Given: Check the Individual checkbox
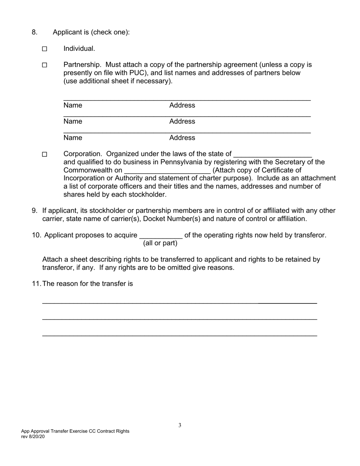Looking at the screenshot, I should click(x=44, y=49).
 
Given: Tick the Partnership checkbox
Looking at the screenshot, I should click(x=44, y=65).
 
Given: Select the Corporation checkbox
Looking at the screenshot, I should click(x=44, y=155).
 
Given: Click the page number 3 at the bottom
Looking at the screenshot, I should click(x=180, y=425).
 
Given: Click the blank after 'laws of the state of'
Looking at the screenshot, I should click(x=272, y=155).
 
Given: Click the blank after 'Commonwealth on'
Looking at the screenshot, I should click(x=167, y=170).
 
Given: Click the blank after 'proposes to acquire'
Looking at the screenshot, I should click(x=161, y=236).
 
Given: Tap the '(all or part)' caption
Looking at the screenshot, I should click(x=160, y=243).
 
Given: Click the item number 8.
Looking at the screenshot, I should click(x=34, y=32).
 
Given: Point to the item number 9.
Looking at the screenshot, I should click(x=34, y=211).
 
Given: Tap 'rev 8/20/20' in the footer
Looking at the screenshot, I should click(x=33, y=436).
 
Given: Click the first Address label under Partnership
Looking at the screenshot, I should click(x=182, y=105).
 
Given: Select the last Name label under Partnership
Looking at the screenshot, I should click(x=73, y=138).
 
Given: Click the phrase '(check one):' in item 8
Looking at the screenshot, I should click(x=110, y=32).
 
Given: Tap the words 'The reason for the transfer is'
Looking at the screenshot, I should click(x=88, y=284).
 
